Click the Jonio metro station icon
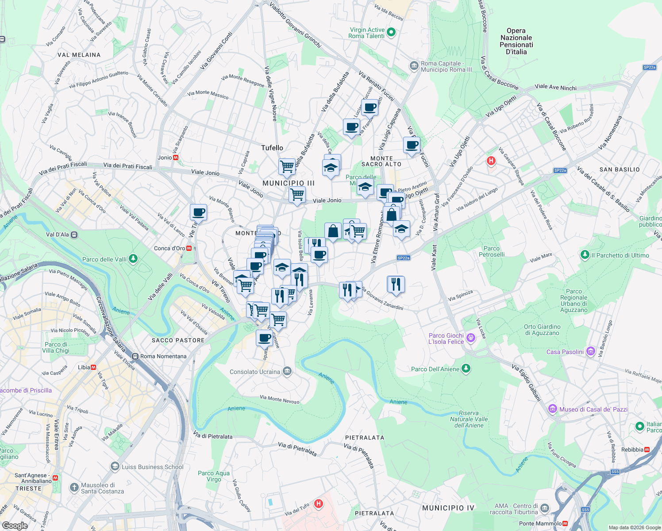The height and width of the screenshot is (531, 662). (176, 158)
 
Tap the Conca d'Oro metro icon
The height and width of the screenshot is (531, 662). (189, 248)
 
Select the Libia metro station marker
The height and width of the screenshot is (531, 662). (94, 367)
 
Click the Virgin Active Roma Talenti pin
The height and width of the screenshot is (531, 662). (391, 32)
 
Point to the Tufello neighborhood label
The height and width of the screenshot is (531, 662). (272, 148)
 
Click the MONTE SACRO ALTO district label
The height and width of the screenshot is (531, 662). (381, 161)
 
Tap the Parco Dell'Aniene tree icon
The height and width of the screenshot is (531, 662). (466, 369)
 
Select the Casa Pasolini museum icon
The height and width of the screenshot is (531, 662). (590, 352)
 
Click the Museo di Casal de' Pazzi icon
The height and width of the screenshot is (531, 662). (552, 409)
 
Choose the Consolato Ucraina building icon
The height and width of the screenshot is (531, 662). (287, 371)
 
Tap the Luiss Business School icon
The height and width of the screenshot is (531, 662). (115, 466)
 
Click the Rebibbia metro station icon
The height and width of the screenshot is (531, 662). (647, 450)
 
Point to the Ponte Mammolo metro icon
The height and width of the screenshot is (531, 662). (565, 523)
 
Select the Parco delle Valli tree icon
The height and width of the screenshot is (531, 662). (133, 259)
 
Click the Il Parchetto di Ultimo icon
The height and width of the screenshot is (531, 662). (585, 255)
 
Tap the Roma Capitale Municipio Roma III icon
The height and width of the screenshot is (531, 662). (414, 66)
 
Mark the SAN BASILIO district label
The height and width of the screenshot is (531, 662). (620, 169)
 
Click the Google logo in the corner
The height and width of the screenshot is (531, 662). (15, 525)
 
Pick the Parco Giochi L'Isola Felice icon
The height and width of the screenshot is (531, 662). (470, 339)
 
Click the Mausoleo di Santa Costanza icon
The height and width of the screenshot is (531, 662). (74, 488)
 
